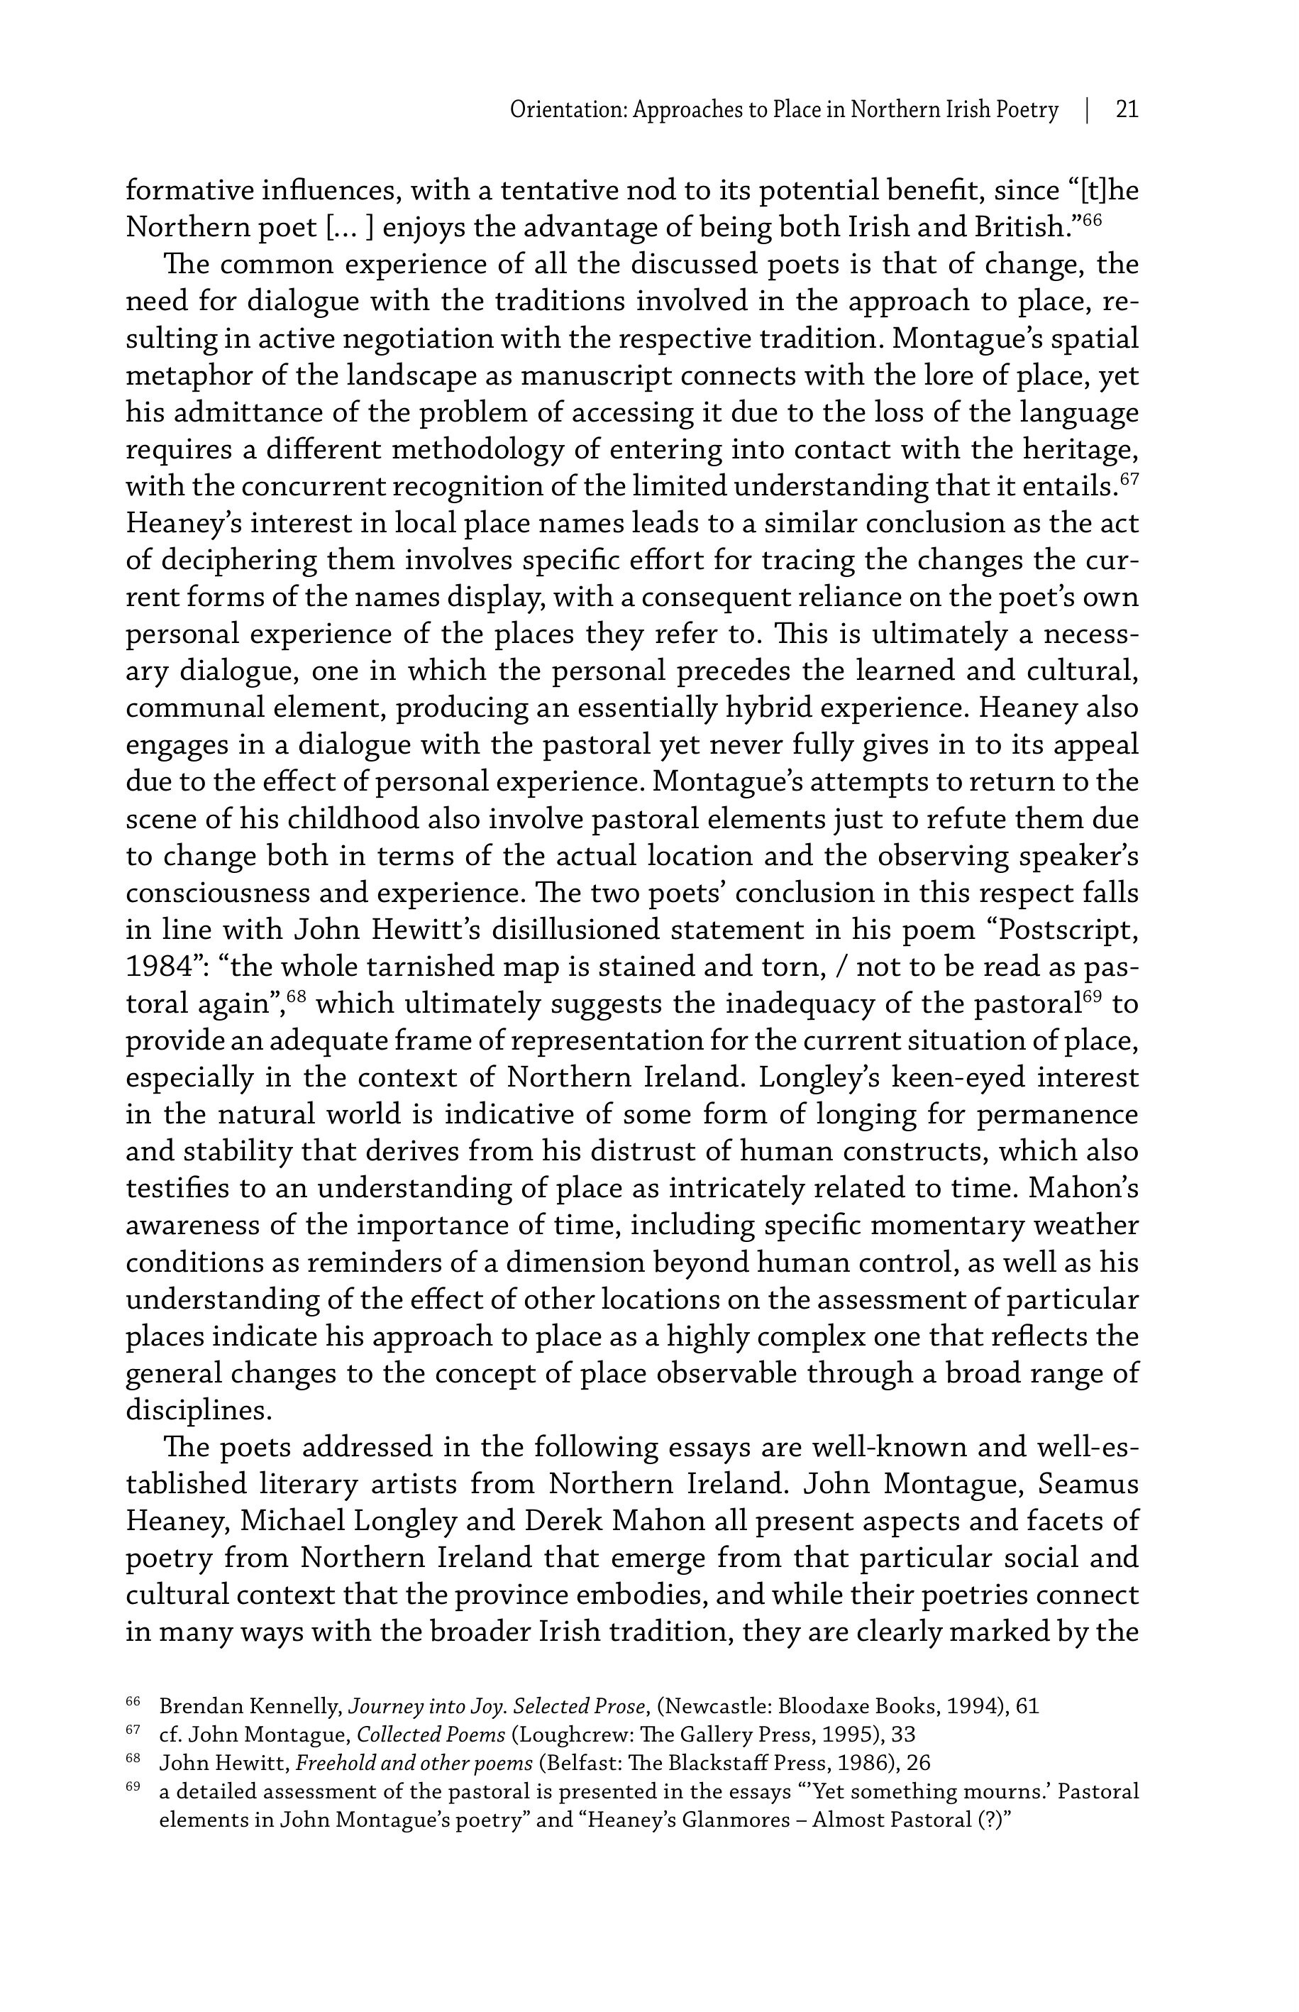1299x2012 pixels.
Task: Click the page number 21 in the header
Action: [1127, 111]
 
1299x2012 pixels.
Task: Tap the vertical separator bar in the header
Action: [1088, 111]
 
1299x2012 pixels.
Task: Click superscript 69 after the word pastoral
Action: [1093, 996]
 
